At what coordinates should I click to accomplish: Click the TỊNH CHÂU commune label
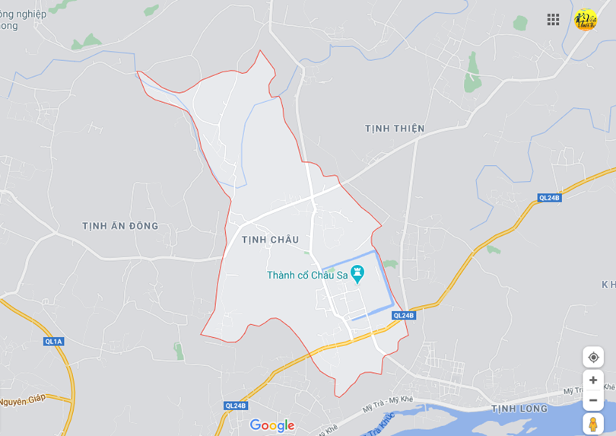[x=270, y=240]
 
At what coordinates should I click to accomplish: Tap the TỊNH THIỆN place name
[x=394, y=129]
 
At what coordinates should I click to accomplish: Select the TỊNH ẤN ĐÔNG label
[x=120, y=226]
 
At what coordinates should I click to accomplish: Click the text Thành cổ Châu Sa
[x=307, y=275]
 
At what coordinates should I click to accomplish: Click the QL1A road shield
[x=54, y=342]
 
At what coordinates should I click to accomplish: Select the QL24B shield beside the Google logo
[x=236, y=406]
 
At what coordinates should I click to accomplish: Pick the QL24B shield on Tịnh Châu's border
[x=404, y=315]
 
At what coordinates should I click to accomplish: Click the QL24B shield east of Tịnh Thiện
[x=549, y=198]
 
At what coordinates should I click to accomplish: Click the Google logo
[x=271, y=425]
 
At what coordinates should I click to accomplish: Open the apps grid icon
[x=553, y=19]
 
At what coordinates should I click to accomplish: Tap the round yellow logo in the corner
[x=585, y=20]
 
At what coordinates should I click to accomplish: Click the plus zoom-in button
[x=593, y=380]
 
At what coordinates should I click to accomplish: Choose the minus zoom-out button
[x=593, y=400]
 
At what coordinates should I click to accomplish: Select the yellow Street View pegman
[x=593, y=424]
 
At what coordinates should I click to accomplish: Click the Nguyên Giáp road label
[x=23, y=399]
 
